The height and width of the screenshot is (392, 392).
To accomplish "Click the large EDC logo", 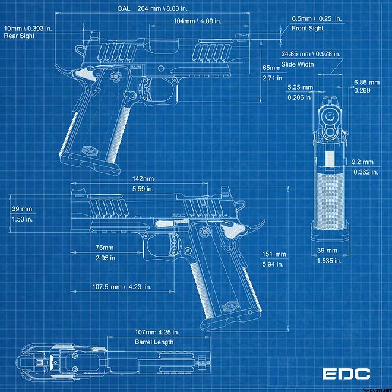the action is [x=346, y=374].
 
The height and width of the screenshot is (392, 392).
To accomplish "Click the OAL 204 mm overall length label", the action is [x=152, y=8].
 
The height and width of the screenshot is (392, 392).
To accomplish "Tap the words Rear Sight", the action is [x=19, y=36].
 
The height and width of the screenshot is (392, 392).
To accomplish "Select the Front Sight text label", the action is [x=308, y=29].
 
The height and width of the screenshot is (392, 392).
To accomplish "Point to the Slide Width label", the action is [x=298, y=64].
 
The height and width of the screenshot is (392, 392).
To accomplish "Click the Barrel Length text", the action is [x=154, y=342].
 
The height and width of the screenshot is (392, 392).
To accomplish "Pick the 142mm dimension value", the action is [x=143, y=179].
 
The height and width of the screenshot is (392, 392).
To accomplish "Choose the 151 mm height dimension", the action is [x=274, y=254].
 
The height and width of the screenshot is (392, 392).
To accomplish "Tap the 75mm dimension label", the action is [x=105, y=248].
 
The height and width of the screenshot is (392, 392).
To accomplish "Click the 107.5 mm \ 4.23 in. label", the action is [x=122, y=287].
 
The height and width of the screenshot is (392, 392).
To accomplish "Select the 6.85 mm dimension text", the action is [x=366, y=82].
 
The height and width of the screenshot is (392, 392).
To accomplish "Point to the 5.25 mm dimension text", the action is [x=301, y=87].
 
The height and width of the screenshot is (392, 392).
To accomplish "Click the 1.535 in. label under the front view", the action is [x=329, y=261].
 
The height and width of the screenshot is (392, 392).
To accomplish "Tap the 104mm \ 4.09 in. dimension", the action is [x=198, y=21].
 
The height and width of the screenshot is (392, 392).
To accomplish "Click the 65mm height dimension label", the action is [x=271, y=68].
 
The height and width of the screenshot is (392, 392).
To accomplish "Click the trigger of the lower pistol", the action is [x=173, y=245].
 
